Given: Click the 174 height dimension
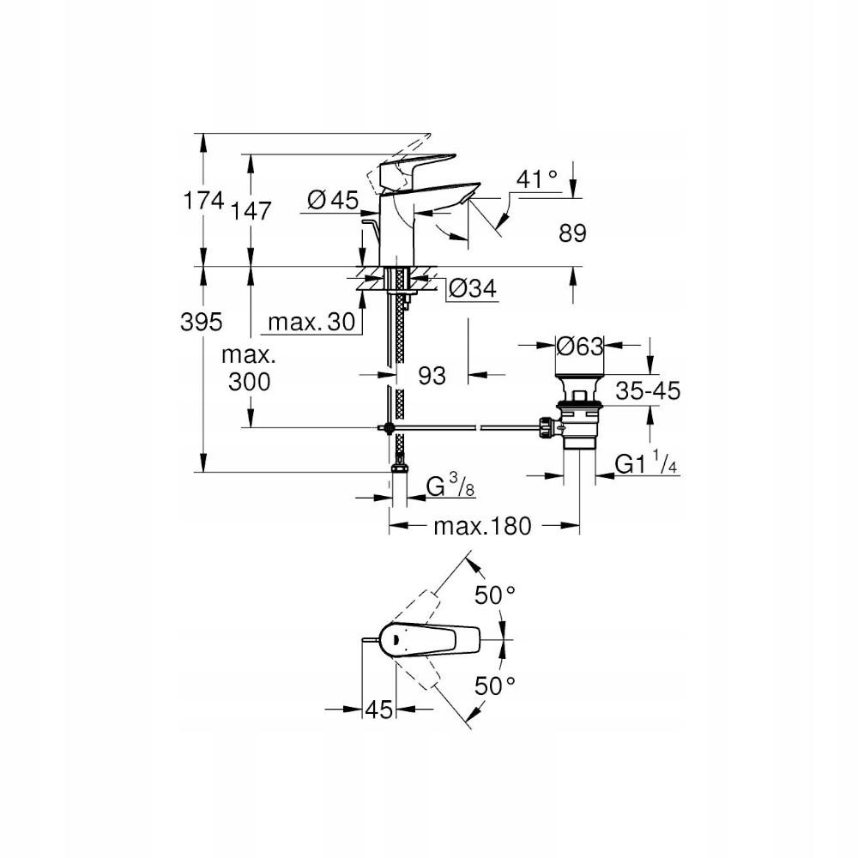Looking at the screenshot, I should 205,202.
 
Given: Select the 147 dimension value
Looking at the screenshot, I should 251,211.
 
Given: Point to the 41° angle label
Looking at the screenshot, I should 538,179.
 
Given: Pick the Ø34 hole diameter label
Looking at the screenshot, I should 473,289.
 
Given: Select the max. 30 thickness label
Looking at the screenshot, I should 310,323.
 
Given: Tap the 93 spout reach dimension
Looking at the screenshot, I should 432,375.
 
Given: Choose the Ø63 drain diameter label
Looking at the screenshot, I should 580,346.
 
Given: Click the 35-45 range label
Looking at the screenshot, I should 648,392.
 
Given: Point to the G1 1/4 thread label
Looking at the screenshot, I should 648,464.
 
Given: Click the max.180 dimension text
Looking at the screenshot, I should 482,526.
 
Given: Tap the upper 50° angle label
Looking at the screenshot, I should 496,595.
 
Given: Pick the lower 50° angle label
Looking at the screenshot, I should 496,686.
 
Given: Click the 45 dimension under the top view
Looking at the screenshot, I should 379,710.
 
